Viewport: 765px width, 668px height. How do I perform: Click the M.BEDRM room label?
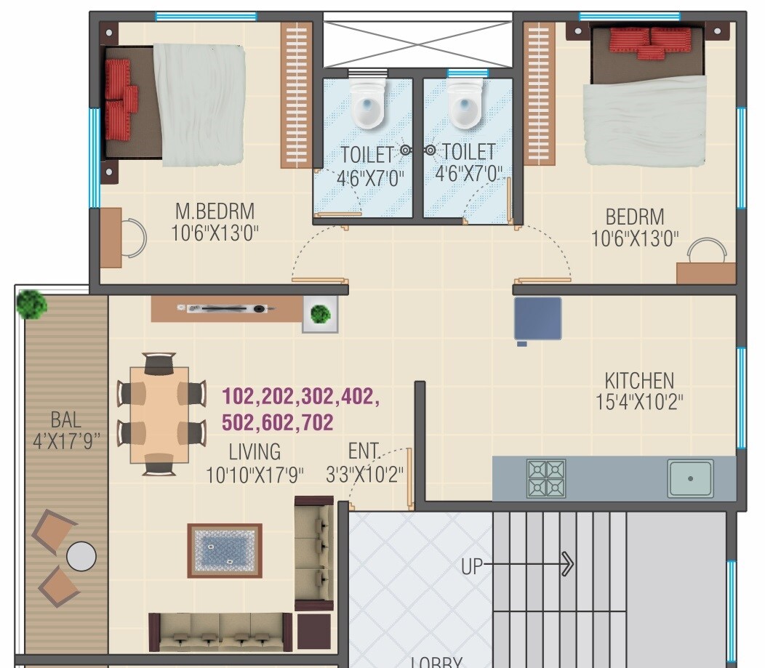pos(215,212)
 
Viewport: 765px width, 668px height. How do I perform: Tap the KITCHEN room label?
pos(638,380)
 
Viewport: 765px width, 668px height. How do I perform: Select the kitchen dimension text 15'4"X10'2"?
pos(638,402)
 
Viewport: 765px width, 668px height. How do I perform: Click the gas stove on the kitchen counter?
pos(545,478)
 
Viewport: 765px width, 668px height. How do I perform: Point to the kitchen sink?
pos(690,478)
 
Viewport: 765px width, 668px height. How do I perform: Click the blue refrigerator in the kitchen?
pos(537,318)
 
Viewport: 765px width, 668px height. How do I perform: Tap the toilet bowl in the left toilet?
pos(367,105)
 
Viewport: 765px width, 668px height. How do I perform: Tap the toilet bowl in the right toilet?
pos(465,105)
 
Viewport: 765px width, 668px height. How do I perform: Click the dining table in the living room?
pos(159,414)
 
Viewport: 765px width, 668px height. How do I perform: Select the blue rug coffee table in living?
pos(225,550)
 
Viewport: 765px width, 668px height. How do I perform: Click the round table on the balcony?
pos(81,557)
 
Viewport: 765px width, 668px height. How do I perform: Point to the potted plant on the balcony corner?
pos(32,304)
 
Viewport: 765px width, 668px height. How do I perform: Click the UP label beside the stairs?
pos(472,566)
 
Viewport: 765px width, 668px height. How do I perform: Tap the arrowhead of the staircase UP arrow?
pos(568,563)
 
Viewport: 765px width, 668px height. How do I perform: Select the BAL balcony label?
pos(65,419)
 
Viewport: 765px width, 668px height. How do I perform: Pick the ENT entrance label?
pos(363,451)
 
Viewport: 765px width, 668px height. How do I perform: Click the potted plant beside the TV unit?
pos(319,315)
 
